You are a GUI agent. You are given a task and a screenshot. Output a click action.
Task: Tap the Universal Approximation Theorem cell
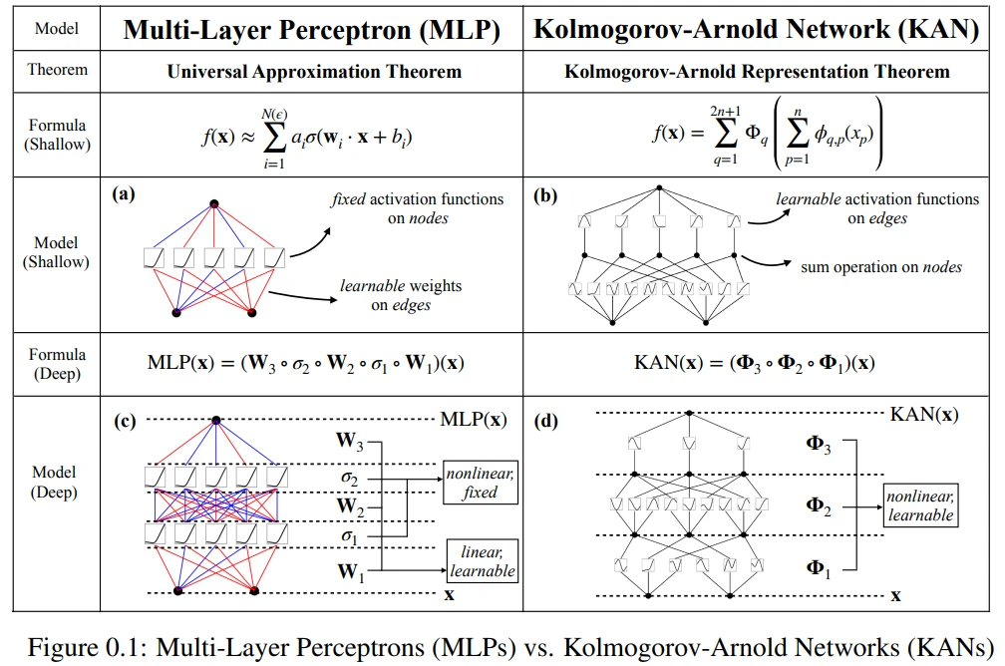coord(315,71)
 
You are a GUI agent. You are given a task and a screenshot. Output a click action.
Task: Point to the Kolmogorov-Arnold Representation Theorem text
coord(757,71)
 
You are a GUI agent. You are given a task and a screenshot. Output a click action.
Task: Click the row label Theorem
coord(57,70)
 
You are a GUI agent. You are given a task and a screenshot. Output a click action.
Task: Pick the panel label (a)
coord(125,195)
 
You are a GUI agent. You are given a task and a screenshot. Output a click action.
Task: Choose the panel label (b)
coord(545,195)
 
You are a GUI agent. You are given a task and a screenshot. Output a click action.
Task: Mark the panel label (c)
coord(125,420)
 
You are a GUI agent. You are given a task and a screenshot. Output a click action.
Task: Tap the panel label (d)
coord(545,420)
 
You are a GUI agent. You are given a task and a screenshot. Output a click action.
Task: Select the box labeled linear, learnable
coord(482,561)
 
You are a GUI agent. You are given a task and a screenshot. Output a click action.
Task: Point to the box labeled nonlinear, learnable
coord(919,505)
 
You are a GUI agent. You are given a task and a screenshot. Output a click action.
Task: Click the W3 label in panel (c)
coord(351,440)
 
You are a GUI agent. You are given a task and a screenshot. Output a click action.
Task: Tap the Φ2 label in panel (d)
coord(819,505)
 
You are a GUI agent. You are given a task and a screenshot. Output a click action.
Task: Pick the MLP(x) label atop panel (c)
coord(473,419)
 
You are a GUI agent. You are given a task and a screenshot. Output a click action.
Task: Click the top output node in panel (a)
coord(213,204)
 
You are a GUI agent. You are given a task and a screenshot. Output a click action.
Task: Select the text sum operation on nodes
coord(879,266)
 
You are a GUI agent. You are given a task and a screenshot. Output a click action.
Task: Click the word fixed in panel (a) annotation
coord(349,199)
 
